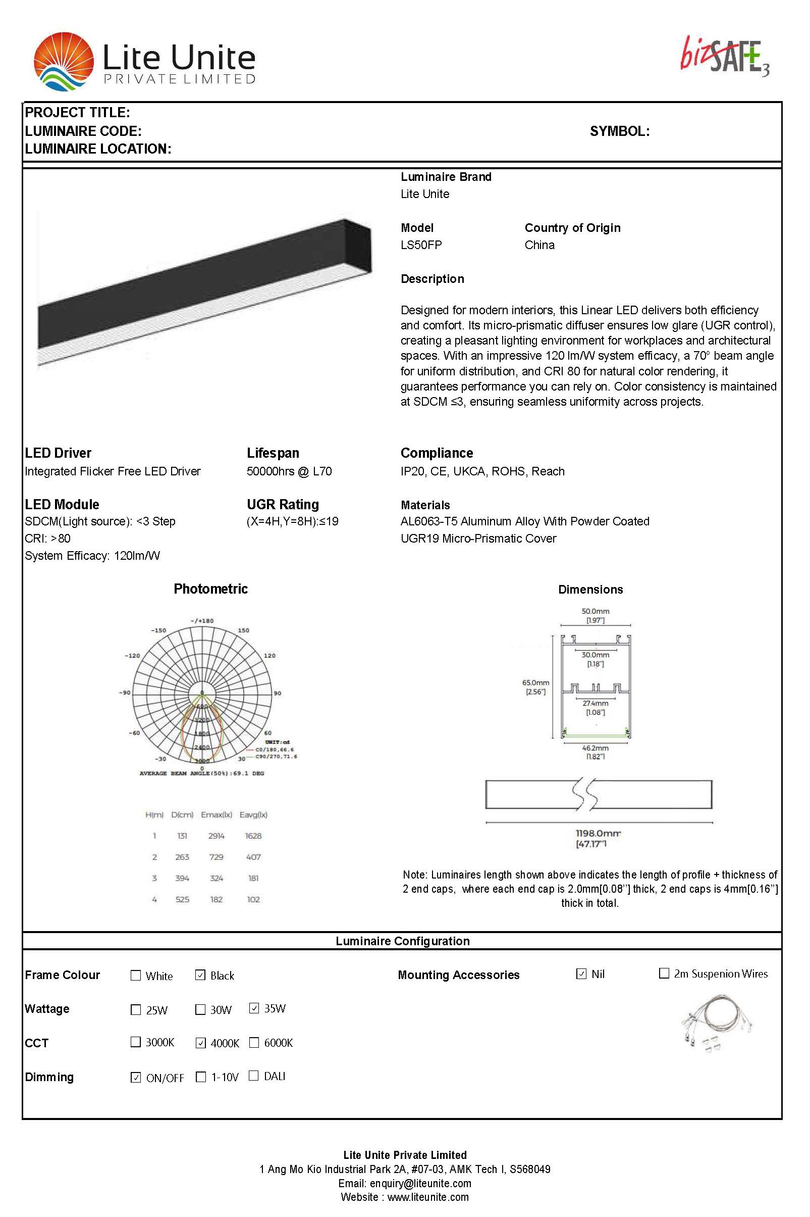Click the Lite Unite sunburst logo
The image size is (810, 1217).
pos(64,62)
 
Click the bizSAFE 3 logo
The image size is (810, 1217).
pos(724,56)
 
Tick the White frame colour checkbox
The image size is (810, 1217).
pos(136,976)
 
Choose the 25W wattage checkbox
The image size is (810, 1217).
pos(136,1010)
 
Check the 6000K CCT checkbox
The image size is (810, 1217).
pos(254,1042)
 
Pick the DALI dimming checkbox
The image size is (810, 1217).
pos(254,1076)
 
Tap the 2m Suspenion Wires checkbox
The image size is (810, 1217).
pos(664,973)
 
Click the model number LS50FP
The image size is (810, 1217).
pos(421,245)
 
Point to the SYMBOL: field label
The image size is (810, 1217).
pos(619,131)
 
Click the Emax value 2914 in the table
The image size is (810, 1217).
pos(216,836)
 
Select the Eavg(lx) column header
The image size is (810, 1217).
pos(253,815)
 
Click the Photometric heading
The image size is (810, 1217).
pos(210,589)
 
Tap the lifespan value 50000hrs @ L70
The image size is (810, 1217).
pos(289,471)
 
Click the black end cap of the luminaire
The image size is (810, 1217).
pos(358,247)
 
